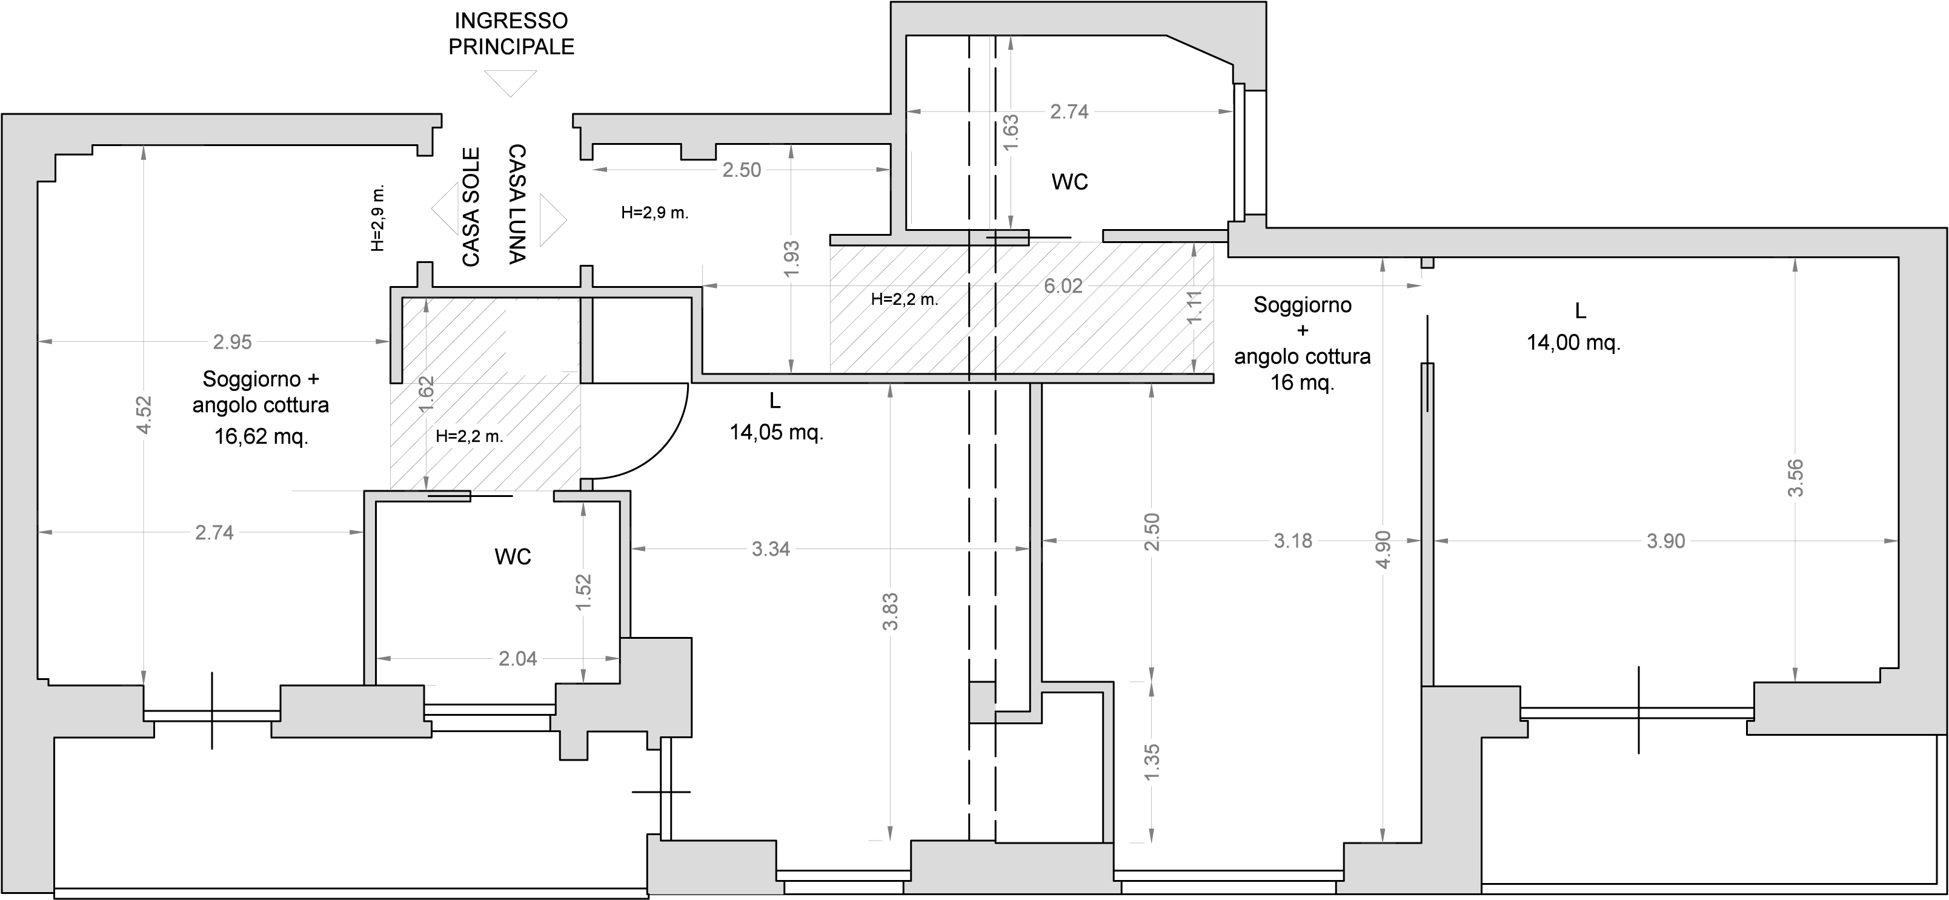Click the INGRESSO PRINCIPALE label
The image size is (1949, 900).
click(x=511, y=33)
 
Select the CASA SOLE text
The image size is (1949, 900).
click(x=471, y=207)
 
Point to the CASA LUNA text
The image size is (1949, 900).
click(x=517, y=204)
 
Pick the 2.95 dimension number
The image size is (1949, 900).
click(x=232, y=342)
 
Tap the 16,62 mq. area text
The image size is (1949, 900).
click(x=261, y=437)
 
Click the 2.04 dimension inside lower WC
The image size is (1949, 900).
click(x=517, y=659)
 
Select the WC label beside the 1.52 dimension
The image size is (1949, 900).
click(x=513, y=557)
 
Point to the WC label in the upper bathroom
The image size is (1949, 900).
click(x=1070, y=182)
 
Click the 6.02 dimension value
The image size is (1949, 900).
click(x=1063, y=286)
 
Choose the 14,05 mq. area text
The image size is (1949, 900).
click(x=776, y=433)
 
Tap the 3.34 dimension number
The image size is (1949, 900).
click(x=771, y=548)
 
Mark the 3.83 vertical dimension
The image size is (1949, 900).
click(x=891, y=612)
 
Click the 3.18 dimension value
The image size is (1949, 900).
click(x=1293, y=541)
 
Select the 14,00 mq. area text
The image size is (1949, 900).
click(x=1574, y=343)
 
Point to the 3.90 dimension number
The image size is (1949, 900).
click(x=1666, y=541)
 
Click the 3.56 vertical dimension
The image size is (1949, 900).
click(x=1795, y=478)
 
